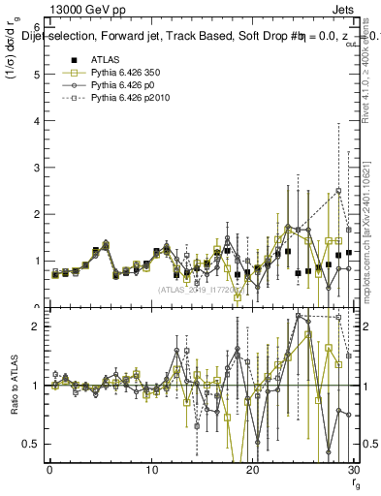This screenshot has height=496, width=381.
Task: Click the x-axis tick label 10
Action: tap(151, 471)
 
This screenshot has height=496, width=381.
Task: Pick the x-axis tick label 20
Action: tap(252, 471)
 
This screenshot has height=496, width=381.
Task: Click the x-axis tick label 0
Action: tap(50, 471)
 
